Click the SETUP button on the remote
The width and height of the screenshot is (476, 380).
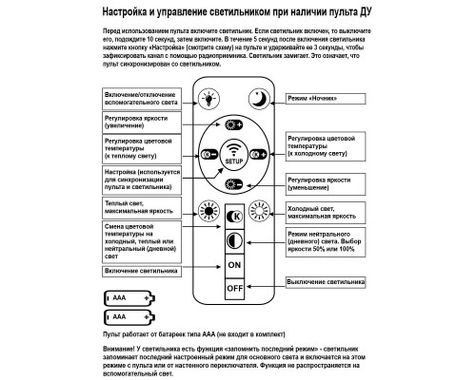(x=234, y=155)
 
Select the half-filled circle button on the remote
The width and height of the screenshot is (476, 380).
(x=234, y=238)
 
